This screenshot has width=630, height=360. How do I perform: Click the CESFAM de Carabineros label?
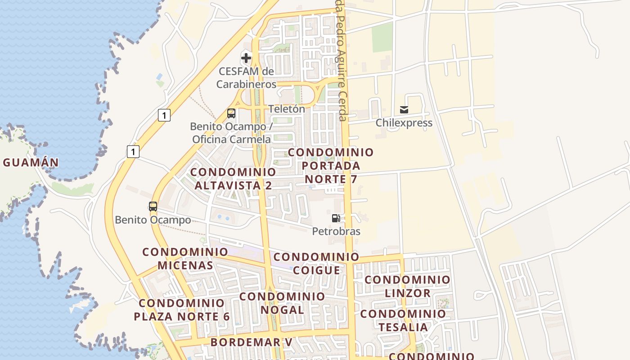(x=246, y=78)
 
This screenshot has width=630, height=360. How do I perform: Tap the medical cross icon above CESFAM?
(x=246, y=58)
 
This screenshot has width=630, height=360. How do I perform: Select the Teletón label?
(x=287, y=109)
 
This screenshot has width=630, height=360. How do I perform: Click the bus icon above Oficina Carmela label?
(x=231, y=113)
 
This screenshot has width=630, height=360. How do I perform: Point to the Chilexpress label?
(x=404, y=123)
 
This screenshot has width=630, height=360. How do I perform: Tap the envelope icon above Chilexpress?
(x=404, y=109)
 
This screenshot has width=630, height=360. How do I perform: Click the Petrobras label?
(x=336, y=231)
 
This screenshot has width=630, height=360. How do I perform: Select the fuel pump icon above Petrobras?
(x=336, y=218)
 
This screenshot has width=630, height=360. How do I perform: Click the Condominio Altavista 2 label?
(x=233, y=179)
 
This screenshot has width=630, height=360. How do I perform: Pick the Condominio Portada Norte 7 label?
(x=331, y=166)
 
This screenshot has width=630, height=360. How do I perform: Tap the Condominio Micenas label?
(x=185, y=258)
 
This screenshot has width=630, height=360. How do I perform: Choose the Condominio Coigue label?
(x=316, y=264)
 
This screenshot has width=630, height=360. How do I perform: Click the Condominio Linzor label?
(x=407, y=286)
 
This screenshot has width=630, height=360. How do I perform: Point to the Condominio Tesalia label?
(x=403, y=320)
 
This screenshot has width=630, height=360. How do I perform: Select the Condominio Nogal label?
(x=282, y=303)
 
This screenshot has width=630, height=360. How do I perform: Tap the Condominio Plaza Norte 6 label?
(x=182, y=310)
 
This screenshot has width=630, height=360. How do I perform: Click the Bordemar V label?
(x=252, y=342)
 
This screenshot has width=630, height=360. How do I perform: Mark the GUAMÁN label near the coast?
(x=31, y=162)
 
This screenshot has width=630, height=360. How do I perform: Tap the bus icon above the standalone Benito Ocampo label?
(x=153, y=207)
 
